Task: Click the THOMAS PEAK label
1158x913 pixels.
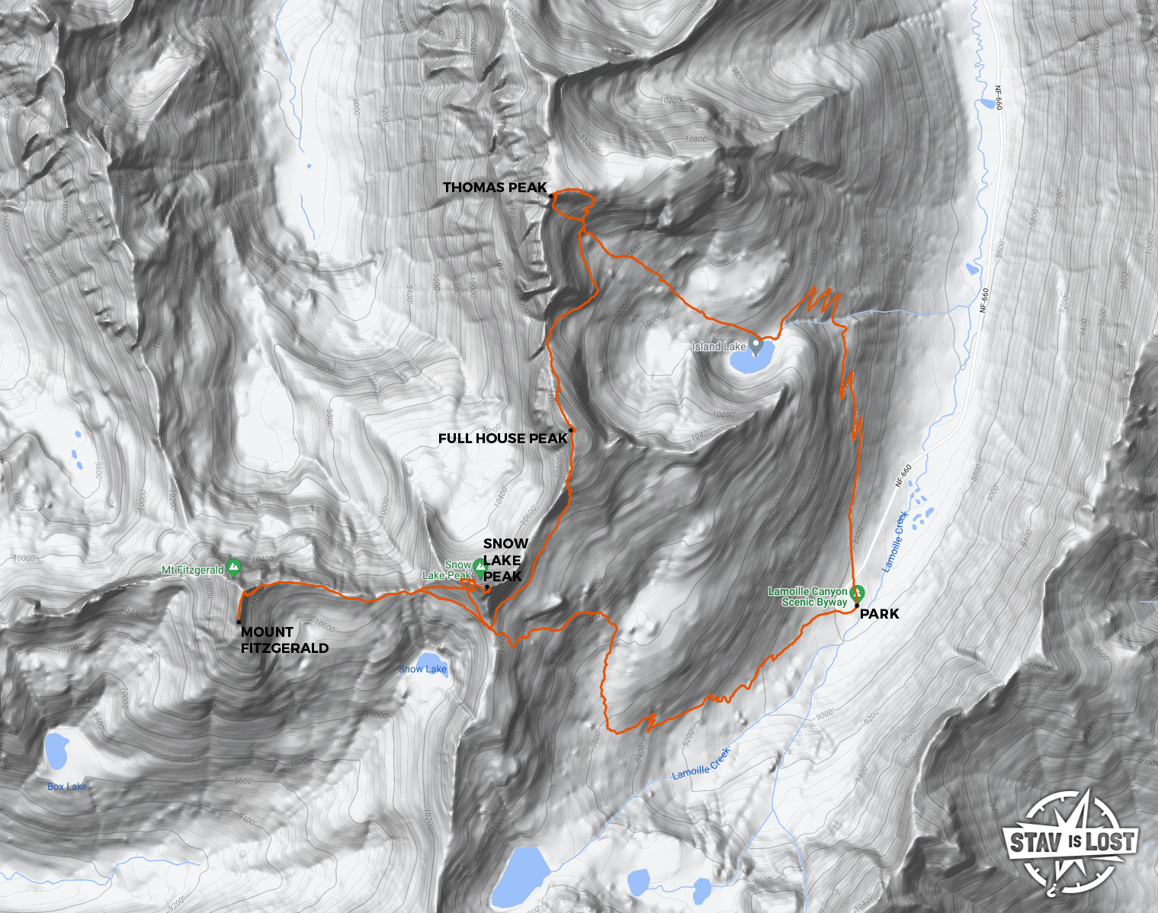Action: pos(495,188)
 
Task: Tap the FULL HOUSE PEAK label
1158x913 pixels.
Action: pos(502,439)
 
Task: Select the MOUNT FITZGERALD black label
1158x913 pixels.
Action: pos(284,640)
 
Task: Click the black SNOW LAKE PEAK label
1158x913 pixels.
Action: pos(505,560)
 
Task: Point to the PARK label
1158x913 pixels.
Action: pos(879,614)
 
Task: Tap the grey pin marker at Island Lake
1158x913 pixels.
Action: pos(756,346)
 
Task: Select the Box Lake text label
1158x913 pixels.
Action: pos(67,786)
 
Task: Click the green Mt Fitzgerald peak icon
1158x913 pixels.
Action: pos(233,567)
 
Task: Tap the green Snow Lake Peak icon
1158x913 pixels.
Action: pos(480,567)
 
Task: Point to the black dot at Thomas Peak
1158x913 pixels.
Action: pos(551,196)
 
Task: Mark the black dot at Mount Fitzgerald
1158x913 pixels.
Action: pos(239,622)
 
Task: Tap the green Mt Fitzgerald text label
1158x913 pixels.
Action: pos(193,570)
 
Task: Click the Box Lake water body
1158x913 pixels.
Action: pos(57,751)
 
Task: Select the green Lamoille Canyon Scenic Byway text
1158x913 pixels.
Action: pos(808,596)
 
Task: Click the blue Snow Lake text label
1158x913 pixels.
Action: pos(423,670)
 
